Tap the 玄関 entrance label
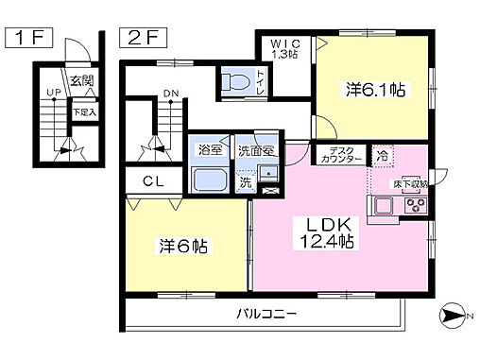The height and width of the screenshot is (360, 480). [80, 79]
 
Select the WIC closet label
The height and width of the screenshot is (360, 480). [285, 47]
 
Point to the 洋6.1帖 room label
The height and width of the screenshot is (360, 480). [375, 91]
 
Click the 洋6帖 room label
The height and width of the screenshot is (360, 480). [182, 247]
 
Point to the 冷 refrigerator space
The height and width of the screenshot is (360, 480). [383, 155]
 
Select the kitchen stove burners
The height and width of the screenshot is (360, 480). [415, 203]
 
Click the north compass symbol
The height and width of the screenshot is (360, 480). [454, 315]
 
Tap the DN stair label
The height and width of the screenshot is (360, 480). [169, 93]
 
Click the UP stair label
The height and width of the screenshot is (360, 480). [55, 93]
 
